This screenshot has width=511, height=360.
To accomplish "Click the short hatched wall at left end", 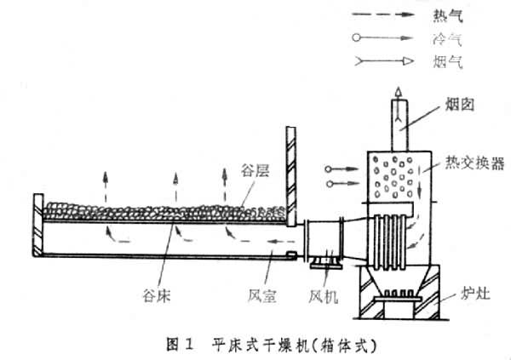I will point(37,226).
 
